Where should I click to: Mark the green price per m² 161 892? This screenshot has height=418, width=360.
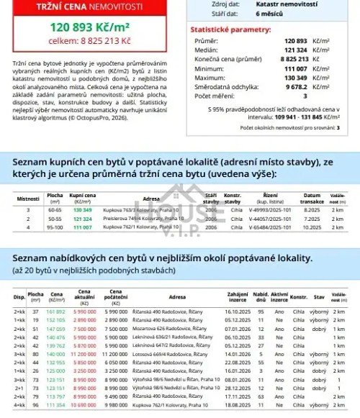tap(55, 310)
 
